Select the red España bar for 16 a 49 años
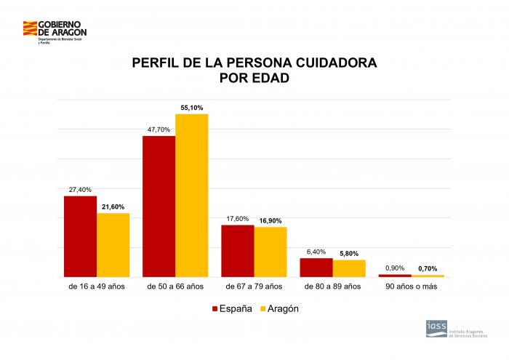coord(80,236)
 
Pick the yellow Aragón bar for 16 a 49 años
coord(113,245)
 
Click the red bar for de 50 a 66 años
coord(159,207)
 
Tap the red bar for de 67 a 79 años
coord(238,251)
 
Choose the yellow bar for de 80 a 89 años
coord(349,268)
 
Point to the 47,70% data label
coord(159,129)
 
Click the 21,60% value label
coord(113,207)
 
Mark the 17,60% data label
coord(238,218)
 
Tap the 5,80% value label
coord(349,253)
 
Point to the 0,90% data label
coord(395,268)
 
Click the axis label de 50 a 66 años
coord(175,287)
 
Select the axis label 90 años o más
coord(411,287)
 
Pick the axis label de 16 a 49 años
coord(97,287)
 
